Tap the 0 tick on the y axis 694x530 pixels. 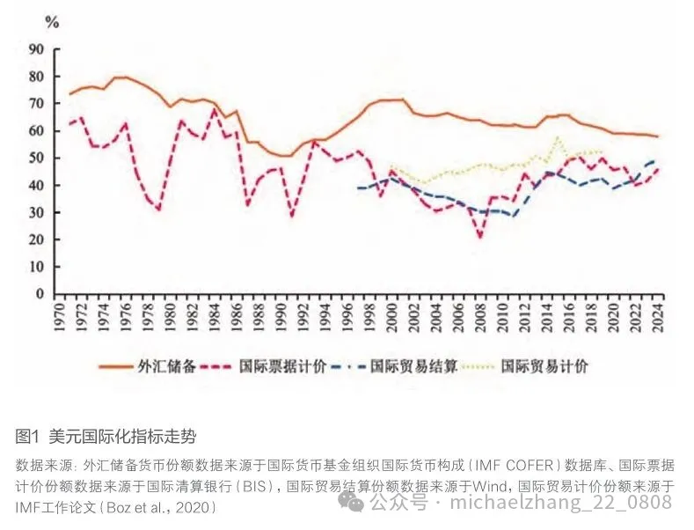tap(40, 294)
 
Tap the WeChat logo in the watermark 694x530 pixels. tap(354, 502)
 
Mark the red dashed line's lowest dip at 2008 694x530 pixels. tap(480, 237)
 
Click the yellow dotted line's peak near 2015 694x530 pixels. tap(558, 137)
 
